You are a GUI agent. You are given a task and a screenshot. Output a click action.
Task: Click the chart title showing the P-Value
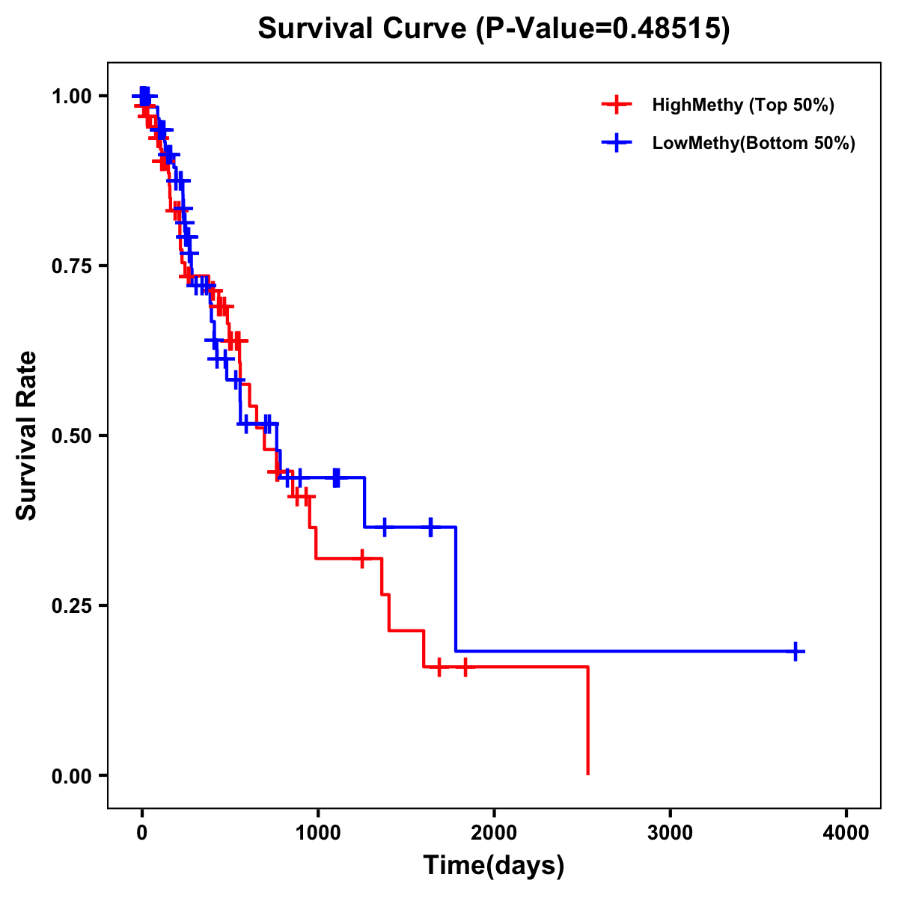point(493,29)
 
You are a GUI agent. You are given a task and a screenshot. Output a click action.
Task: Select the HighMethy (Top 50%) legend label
point(743,105)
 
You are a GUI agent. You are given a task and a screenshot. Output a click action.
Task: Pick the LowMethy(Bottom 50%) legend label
point(754,143)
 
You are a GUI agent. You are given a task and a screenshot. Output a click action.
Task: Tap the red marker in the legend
point(615,105)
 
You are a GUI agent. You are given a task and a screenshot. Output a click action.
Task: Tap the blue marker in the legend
point(615,143)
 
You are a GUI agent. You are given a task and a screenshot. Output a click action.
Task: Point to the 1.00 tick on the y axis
point(72,96)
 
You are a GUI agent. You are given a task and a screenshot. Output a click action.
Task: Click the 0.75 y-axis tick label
point(72,266)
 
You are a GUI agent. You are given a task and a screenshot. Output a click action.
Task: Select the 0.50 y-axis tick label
point(72,436)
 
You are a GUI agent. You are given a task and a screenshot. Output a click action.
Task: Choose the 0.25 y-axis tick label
point(72,605)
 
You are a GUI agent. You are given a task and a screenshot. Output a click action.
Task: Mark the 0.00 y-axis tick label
point(72,775)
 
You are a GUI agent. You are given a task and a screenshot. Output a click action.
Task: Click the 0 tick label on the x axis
point(141,832)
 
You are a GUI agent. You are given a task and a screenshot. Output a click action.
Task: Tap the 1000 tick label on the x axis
point(317,832)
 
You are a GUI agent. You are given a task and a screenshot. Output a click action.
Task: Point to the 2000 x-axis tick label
point(494,832)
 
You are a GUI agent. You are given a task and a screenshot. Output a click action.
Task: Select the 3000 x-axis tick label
point(670,832)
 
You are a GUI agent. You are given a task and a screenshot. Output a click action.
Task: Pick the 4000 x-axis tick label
point(846,832)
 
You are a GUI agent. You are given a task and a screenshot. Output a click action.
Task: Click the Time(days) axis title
point(493,866)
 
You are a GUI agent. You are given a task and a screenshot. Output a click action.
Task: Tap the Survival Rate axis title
point(27,436)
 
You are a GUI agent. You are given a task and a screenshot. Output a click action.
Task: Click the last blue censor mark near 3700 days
point(795,651)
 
